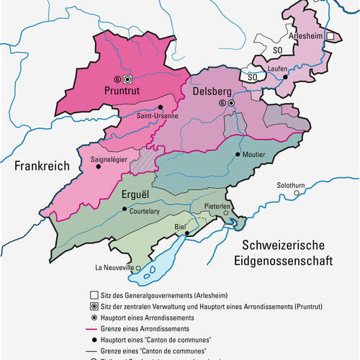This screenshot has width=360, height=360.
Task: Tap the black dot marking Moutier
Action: [238, 154]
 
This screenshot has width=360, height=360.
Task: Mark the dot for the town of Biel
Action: [186, 233]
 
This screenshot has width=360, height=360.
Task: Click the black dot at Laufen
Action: [285, 76]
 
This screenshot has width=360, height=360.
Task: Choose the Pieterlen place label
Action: [216, 207]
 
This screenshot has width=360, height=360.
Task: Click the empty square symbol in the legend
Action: [95, 295]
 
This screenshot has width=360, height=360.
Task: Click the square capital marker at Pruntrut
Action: [127, 78]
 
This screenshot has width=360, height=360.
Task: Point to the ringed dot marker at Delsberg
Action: [230, 104]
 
